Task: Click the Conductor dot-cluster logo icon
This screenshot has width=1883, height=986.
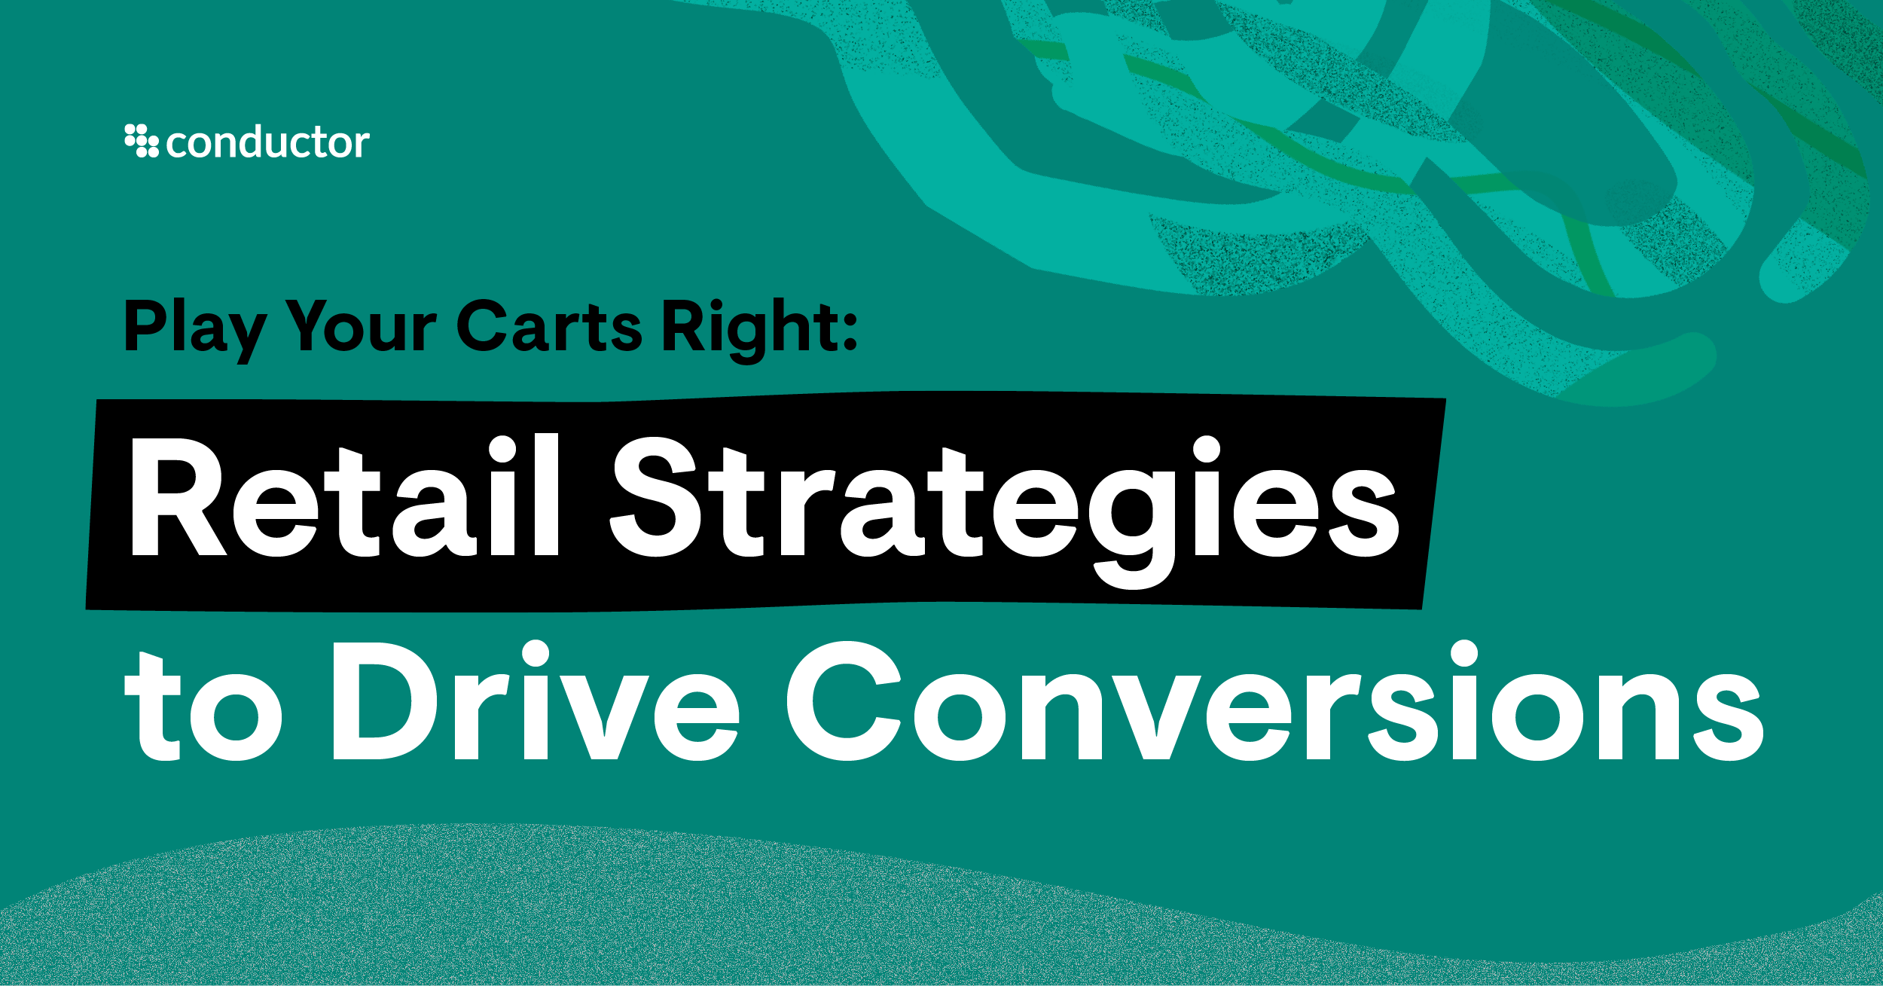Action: click(142, 141)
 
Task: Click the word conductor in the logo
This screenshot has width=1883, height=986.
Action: click(267, 142)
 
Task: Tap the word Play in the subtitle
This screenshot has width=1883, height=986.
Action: click(194, 328)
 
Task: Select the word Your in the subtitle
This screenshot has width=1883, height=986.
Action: click(362, 328)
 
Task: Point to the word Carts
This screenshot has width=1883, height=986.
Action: click(549, 328)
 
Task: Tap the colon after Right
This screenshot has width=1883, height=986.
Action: click(850, 331)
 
